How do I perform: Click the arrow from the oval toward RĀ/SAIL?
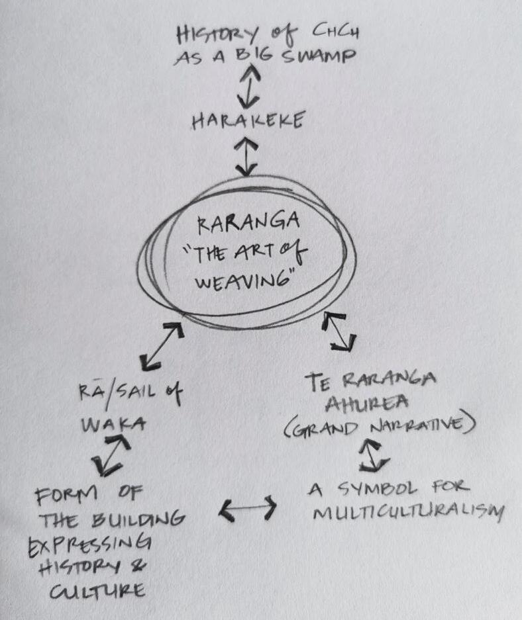click(x=162, y=346)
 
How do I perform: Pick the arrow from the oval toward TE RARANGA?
click(x=339, y=332)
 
